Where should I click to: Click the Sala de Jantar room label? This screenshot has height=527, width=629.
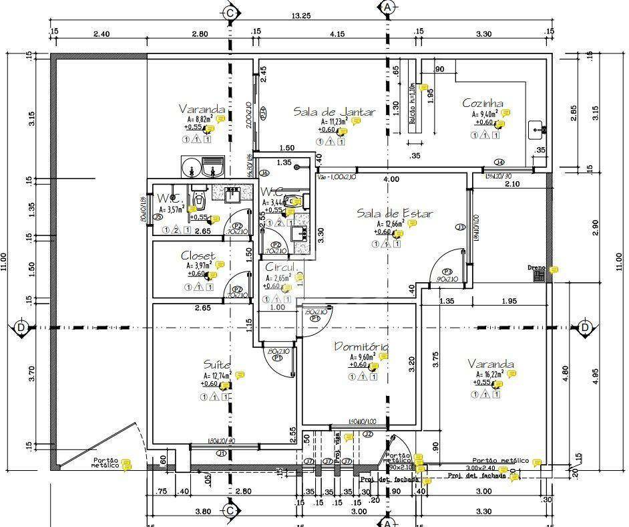pyautogui.click(x=335, y=112)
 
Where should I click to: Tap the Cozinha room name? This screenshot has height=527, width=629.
pyautogui.click(x=483, y=104)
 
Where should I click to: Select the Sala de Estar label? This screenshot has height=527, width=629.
pyautogui.click(x=394, y=213)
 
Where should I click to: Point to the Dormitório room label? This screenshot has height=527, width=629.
pyautogui.click(x=361, y=347)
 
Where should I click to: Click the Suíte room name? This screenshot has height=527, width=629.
pyautogui.click(x=217, y=364)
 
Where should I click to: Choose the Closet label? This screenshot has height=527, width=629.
pyautogui.click(x=198, y=255)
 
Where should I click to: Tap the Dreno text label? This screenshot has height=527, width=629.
pyautogui.click(x=536, y=268)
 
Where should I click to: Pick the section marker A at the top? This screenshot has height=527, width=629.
pyautogui.click(x=386, y=8)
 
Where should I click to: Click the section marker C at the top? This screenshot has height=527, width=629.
pyautogui.click(x=230, y=12)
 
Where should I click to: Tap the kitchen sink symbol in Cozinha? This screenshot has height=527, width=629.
pyautogui.click(x=536, y=129)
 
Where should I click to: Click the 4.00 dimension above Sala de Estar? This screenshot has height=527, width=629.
pyautogui.click(x=391, y=179)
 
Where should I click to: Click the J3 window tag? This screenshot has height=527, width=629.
pyautogui.click(x=459, y=227)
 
